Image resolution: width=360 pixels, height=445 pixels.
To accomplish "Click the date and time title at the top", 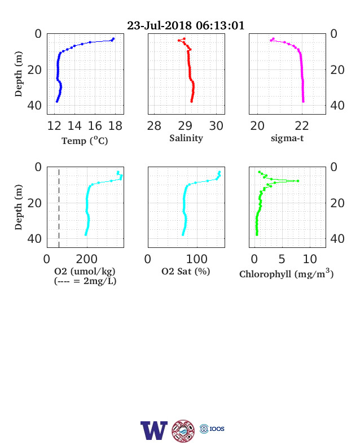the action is coord(186,25).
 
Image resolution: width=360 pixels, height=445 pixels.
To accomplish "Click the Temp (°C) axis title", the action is coord(85,141).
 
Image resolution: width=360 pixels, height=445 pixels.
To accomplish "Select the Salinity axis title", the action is coord(186,138).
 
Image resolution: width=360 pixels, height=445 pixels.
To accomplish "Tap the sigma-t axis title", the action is coord(287,138).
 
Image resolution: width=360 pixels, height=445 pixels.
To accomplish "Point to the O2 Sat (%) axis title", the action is coord(186,272).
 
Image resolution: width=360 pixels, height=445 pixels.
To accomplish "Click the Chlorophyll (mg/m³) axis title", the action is coord(286,273).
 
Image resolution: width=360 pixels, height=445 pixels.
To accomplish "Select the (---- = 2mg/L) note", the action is coord(85,281).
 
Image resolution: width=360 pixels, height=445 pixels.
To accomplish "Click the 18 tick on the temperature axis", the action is coord(115,126).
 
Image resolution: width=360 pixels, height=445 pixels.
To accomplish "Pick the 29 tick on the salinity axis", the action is coord(185,126).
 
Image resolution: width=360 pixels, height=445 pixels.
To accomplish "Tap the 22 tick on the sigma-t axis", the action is coord(302,126).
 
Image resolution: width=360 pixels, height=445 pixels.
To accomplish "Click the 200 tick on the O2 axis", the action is coord(87,259).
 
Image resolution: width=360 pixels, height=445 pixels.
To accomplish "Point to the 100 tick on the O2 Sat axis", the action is coord(197,259).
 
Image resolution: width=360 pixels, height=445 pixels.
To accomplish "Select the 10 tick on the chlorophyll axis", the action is coord(310,259).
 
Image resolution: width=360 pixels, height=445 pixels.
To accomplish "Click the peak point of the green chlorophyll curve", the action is coord(297,181).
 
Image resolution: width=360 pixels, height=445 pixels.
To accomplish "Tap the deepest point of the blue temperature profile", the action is coord(57,101).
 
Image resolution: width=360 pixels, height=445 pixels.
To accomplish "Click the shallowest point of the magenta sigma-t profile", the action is coord(273,38).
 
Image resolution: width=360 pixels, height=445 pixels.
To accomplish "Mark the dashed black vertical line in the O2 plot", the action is coord(59,208).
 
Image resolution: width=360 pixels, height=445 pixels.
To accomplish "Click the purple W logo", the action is coord(154,430).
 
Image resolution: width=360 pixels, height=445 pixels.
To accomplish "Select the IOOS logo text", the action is coord(217,429).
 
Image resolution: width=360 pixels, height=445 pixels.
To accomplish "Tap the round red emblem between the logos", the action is coord(183,431).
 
